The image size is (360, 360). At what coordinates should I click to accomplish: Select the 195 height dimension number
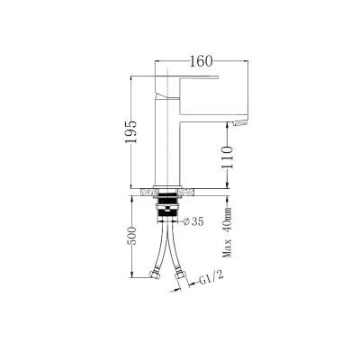point(131,132)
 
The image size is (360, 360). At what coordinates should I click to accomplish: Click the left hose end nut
point(151,272)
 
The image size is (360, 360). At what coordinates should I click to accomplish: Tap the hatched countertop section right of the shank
point(187,192)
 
